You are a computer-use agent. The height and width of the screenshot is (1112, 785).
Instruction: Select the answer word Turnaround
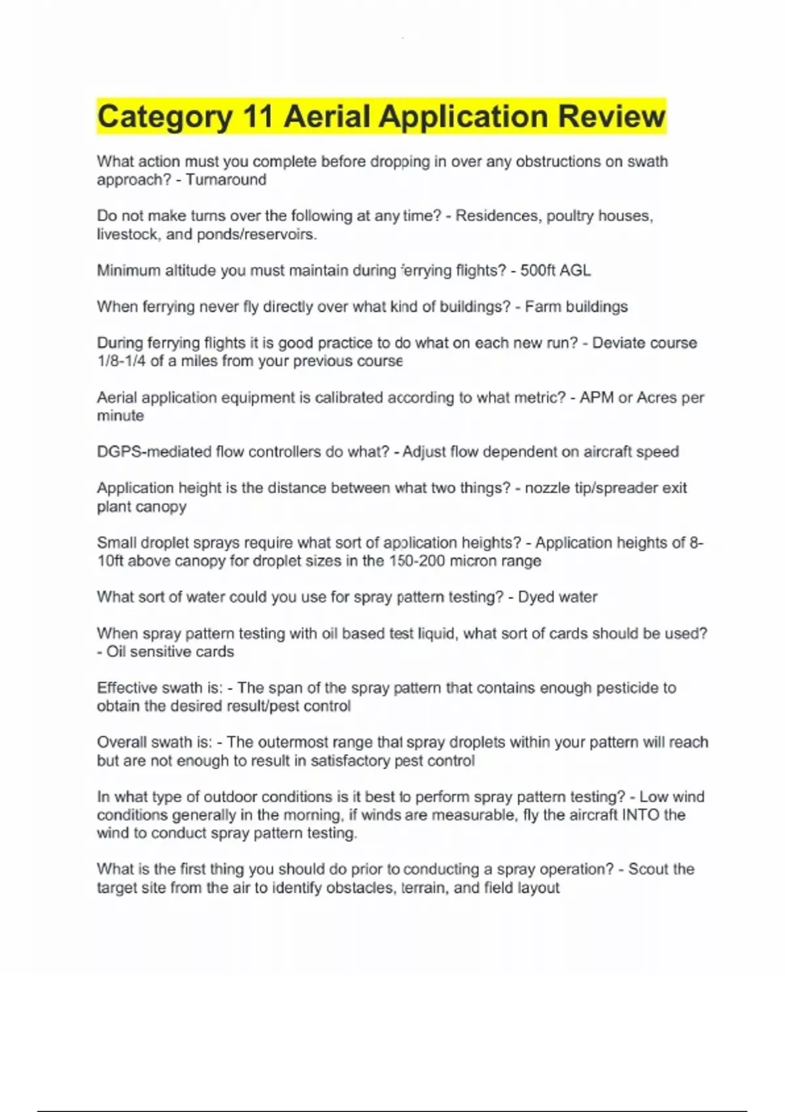[226, 180]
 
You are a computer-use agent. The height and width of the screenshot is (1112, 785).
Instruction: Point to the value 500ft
[537, 271]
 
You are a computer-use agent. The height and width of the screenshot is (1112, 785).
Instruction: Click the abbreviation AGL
[575, 271]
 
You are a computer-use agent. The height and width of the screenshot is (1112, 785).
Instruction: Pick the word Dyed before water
[534, 597]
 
